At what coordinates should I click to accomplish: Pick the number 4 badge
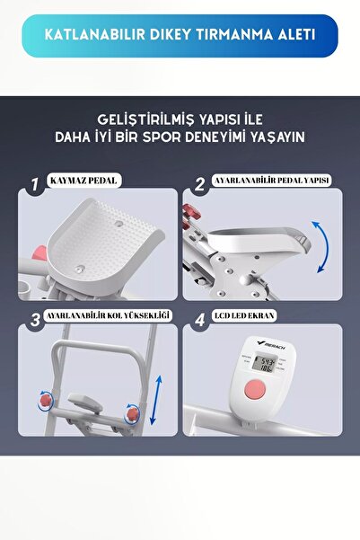tap(199, 318)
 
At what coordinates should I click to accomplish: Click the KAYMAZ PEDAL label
tap(86, 181)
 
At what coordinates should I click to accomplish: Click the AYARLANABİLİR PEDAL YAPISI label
tap(270, 181)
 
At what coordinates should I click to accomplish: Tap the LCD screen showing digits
tap(266, 365)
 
